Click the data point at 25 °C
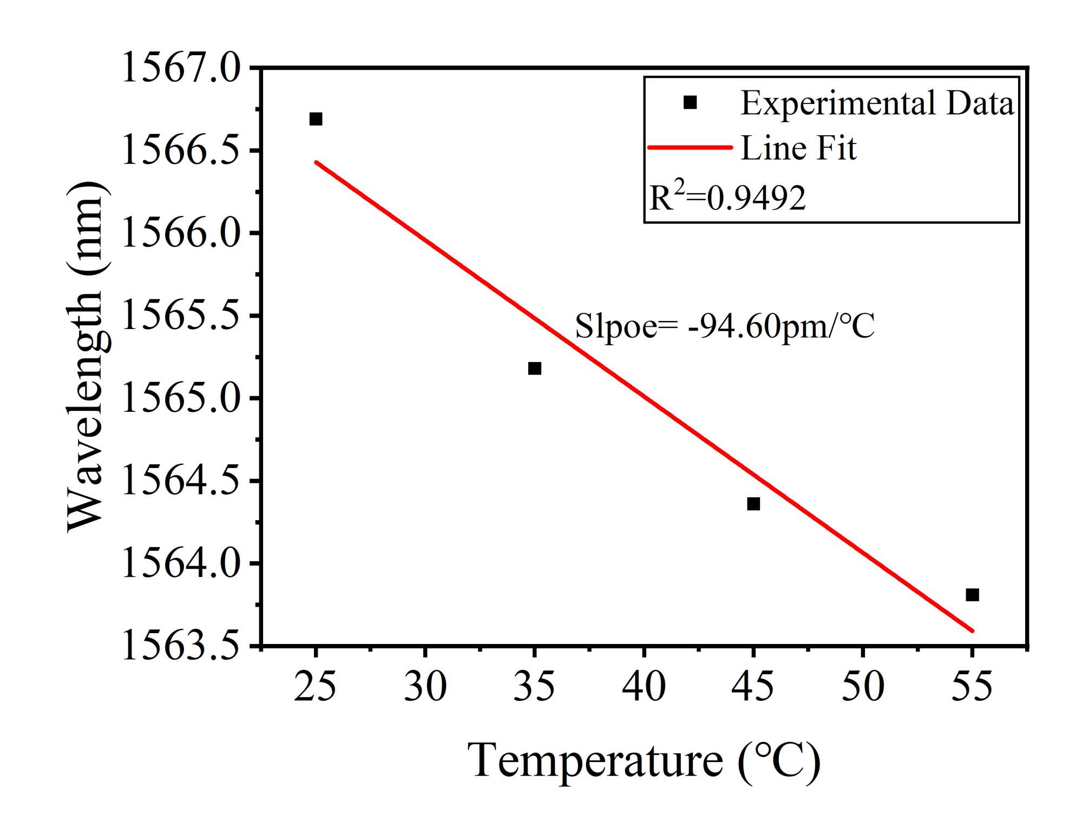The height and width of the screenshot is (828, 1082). pos(316,119)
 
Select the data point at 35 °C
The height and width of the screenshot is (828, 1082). pos(534,369)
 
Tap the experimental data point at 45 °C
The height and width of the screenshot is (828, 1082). pos(753,504)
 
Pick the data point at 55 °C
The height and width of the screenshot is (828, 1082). pos(972,595)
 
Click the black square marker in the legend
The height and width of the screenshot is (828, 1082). pos(690,102)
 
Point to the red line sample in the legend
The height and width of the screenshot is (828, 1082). pos(690,147)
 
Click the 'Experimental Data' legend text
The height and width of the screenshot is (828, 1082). pos(877,103)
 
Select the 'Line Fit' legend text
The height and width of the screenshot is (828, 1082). pos(798,148)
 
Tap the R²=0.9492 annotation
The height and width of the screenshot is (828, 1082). pos(727,197)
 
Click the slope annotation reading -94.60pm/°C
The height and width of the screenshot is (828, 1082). pos(724,326)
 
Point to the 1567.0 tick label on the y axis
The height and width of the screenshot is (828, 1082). pos(181,69)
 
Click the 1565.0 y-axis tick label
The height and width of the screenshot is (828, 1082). pos(181,399)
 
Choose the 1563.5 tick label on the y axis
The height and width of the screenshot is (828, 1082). pos(181,646)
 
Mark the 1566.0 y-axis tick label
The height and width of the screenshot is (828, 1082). pos(181,234)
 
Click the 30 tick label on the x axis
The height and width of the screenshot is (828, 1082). pos(425,686)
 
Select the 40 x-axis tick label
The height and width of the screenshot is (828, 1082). pos(644,686)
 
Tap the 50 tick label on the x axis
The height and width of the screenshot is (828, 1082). pos(863,686)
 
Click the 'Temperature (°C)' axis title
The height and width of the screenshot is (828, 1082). pos(644,761)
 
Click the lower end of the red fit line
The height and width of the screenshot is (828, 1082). pos(972,630)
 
